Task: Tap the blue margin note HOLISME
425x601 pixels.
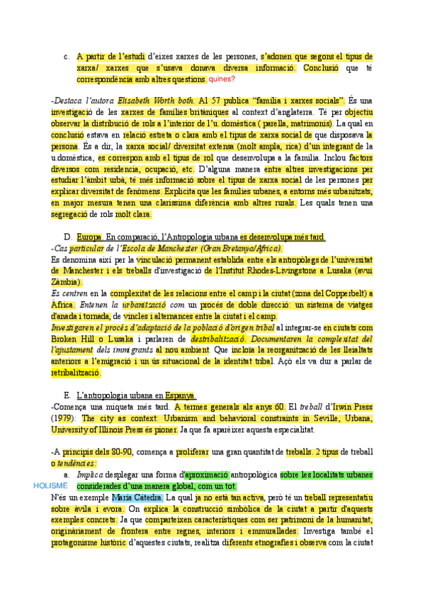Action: tap(50, 485)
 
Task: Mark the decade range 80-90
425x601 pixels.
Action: tap(110, 451)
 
